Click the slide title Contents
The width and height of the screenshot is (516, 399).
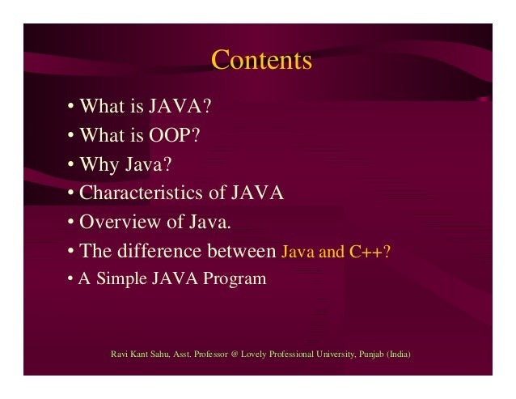pyautogui.click(x=261, y=62)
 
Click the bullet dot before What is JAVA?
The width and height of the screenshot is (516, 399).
pyautogui.click(x=71, y=108)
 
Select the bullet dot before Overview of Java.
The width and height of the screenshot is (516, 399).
pyautogui.click(x=71, y=223)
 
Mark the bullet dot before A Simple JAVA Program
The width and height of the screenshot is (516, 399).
pyautogui.click(x=70, y=279)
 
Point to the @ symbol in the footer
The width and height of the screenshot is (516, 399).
pyautogui.click(x=235, y=354)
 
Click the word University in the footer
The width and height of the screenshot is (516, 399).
pyautogui.click(x=332, y=354)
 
